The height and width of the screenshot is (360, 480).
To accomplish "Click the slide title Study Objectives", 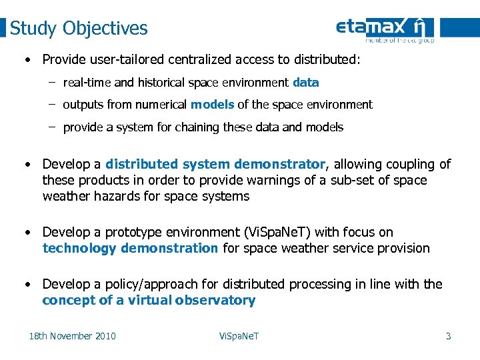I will coord(79,29).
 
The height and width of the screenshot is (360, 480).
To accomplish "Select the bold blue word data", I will coord(306,83).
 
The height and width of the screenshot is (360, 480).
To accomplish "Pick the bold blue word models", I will coord(212,105).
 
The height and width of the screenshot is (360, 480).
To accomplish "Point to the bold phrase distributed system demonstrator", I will coord(215,164).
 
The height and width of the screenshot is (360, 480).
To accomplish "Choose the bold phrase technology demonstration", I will coord(130,248).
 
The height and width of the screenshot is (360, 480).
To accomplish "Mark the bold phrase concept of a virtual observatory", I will coord(149,300).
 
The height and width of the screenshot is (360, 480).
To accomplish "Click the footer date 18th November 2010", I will coord(72,336).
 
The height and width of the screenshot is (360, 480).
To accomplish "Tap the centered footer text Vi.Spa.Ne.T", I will coord(239,336).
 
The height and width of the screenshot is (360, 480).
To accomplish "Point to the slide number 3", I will coord(448,336).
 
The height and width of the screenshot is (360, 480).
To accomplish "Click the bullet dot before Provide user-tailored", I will coord(27,60).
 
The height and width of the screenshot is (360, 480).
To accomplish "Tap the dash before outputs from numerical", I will coord(51,105).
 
